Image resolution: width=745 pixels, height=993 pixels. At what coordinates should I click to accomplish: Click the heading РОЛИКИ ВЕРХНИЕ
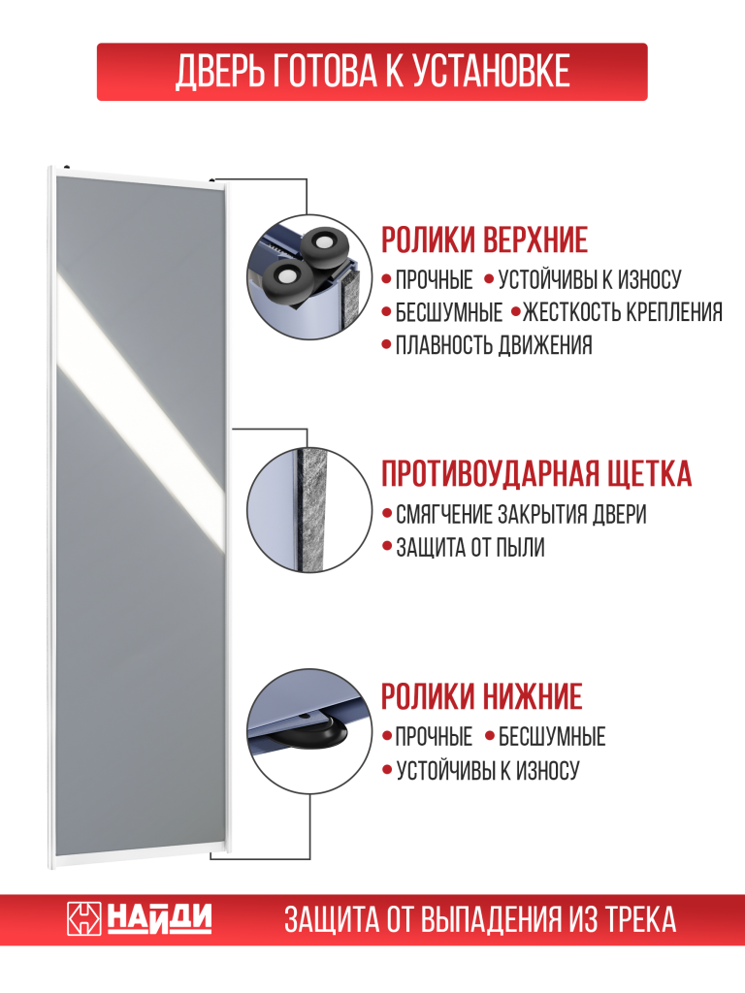484,239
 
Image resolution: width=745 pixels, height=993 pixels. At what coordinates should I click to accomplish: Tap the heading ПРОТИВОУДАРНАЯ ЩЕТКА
536,474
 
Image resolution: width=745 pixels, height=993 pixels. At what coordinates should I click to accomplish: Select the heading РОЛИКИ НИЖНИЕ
481,696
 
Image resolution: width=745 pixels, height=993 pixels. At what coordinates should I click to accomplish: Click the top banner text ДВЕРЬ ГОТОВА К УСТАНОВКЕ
372,72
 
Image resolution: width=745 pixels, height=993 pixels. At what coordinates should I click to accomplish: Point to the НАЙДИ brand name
158,918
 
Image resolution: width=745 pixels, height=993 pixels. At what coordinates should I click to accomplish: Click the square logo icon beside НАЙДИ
83,918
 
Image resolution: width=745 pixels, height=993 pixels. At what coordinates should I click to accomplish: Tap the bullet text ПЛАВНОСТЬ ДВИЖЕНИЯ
494,345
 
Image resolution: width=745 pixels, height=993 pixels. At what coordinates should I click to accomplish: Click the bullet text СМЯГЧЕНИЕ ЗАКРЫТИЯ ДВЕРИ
521,514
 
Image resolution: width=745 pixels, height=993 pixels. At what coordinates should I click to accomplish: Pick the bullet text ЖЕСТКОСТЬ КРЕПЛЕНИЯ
623,312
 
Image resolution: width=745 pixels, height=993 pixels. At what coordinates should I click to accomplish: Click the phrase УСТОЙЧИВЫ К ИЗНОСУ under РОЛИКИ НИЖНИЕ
487,771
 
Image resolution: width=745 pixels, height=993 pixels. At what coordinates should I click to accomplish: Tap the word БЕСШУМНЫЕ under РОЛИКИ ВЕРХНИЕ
449,312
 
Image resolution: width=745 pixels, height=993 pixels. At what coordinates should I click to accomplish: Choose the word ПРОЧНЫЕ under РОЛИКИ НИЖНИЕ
434,737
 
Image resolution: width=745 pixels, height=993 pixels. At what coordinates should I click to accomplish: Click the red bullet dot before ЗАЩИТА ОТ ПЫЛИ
386,548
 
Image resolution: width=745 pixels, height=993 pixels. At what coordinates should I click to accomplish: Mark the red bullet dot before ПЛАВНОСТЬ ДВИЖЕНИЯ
386,345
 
